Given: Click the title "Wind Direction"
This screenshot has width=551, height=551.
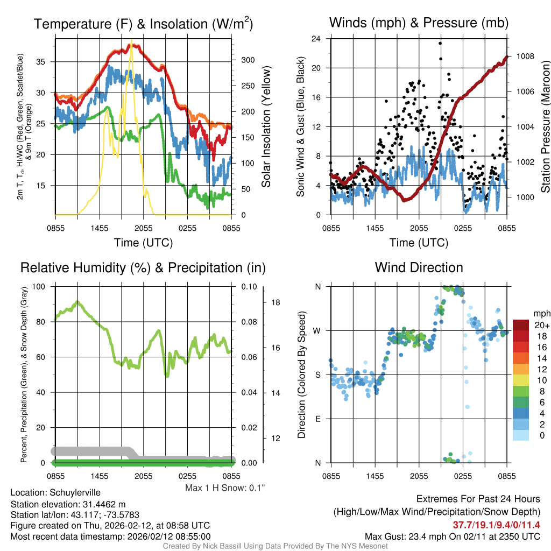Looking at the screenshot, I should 419,267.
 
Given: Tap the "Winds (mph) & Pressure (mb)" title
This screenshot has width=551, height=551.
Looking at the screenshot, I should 419,23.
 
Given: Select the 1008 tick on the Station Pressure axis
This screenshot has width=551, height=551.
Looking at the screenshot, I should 525,56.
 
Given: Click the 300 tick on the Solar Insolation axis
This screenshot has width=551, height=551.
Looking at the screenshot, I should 247,60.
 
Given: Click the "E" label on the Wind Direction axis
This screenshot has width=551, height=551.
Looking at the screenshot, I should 317,419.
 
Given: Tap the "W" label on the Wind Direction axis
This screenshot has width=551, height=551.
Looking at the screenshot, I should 317,330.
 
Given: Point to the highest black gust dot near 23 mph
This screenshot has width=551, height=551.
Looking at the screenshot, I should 440,44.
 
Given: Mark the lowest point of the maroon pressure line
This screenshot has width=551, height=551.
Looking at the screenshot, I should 406,200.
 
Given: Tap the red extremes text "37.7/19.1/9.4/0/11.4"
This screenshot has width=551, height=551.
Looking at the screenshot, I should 496,525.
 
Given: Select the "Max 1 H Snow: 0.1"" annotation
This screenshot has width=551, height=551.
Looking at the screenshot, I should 225,488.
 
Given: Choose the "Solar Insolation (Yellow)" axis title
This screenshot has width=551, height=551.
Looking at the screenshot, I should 266,127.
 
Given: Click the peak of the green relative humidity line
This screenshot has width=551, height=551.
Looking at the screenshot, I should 77,302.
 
